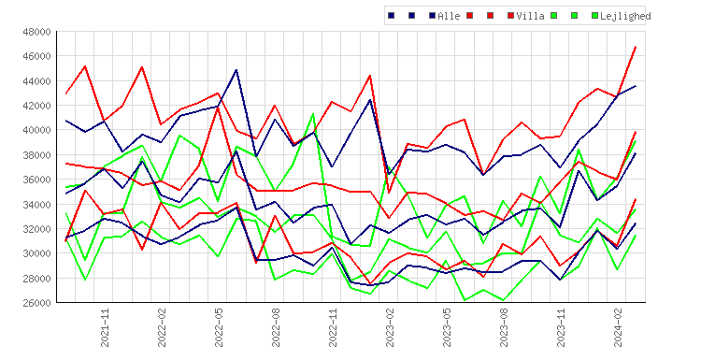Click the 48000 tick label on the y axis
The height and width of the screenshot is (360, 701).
(36, 32)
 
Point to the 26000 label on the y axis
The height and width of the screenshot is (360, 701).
(36, 303)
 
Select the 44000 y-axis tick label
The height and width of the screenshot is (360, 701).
(36, 81)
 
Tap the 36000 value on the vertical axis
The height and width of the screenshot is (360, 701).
(36, 180)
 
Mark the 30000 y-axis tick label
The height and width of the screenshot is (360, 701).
(36, 253)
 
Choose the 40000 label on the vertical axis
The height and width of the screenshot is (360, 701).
(36, 130)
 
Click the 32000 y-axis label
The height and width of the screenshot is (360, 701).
(36, 229)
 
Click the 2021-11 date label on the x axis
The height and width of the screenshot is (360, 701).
(104, 328)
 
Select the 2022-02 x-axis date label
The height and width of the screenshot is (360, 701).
(162, 328)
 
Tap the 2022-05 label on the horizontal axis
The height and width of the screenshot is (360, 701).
(219, 328)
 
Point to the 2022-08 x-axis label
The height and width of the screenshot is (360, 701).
(276, 328)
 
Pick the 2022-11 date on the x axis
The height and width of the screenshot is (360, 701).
(333, 328)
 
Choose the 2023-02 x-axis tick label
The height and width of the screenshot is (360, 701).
(390, 328)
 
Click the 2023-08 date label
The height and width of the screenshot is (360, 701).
(504, 328)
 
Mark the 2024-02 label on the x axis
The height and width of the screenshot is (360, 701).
(618, 328)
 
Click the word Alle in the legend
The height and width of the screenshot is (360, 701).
(449, 16)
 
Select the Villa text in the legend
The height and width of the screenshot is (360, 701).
(530, 16)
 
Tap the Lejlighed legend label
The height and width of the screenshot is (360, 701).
(625, 16)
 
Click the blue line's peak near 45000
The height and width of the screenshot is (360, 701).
(236, 70)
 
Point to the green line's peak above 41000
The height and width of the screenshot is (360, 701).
(313, 114)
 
